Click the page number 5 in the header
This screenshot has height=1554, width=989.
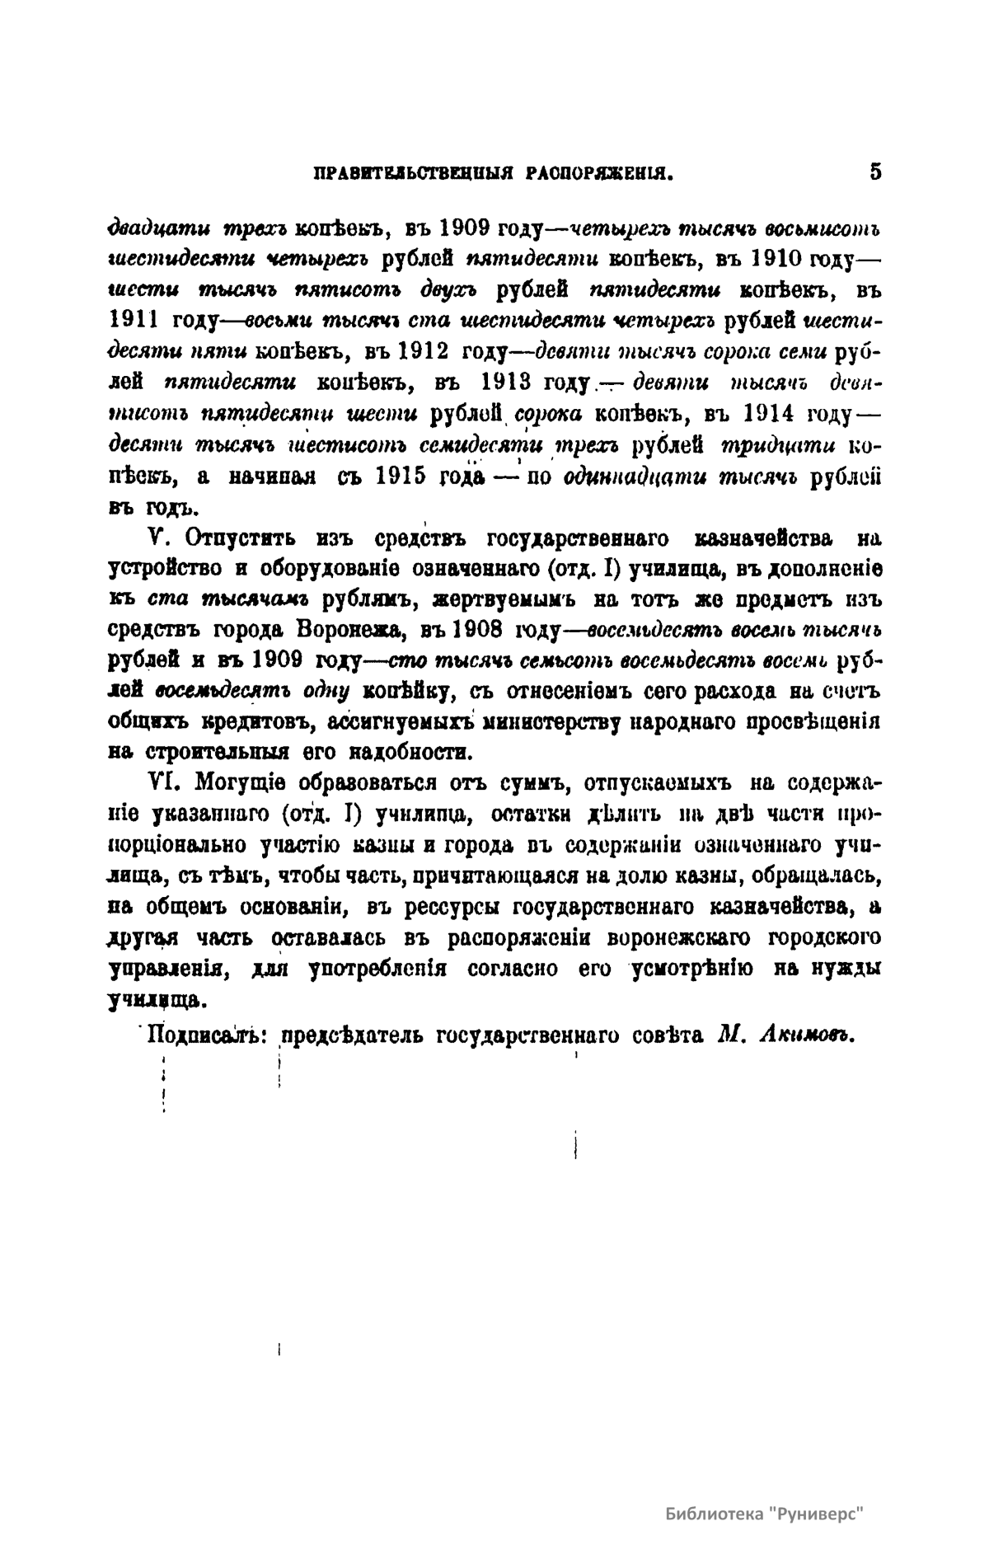click(874, 172)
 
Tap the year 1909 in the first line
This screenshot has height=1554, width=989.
click(468, 226)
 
